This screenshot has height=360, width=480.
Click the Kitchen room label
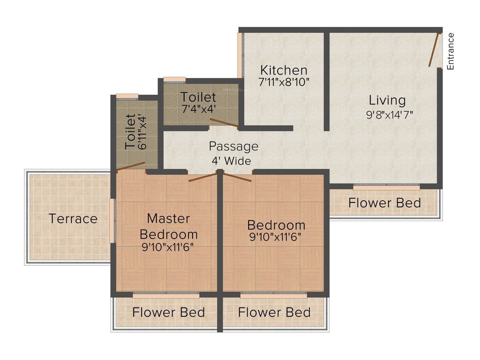point(284,70)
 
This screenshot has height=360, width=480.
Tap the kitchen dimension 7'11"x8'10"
point(284,82)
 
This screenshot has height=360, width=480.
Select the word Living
point(387,100)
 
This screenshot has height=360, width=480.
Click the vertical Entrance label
point(450,51)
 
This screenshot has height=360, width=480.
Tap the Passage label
point(233,146)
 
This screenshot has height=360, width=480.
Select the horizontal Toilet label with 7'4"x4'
point(199,97)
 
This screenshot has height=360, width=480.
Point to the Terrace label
point(74,218)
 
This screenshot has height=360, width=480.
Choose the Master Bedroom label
point(168,226)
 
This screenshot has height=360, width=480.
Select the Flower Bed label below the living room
point(384,203)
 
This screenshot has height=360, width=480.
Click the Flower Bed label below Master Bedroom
point(168,312)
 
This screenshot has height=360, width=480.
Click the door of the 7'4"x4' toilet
point(224,123)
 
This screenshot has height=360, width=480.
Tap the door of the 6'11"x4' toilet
point(131,165)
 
